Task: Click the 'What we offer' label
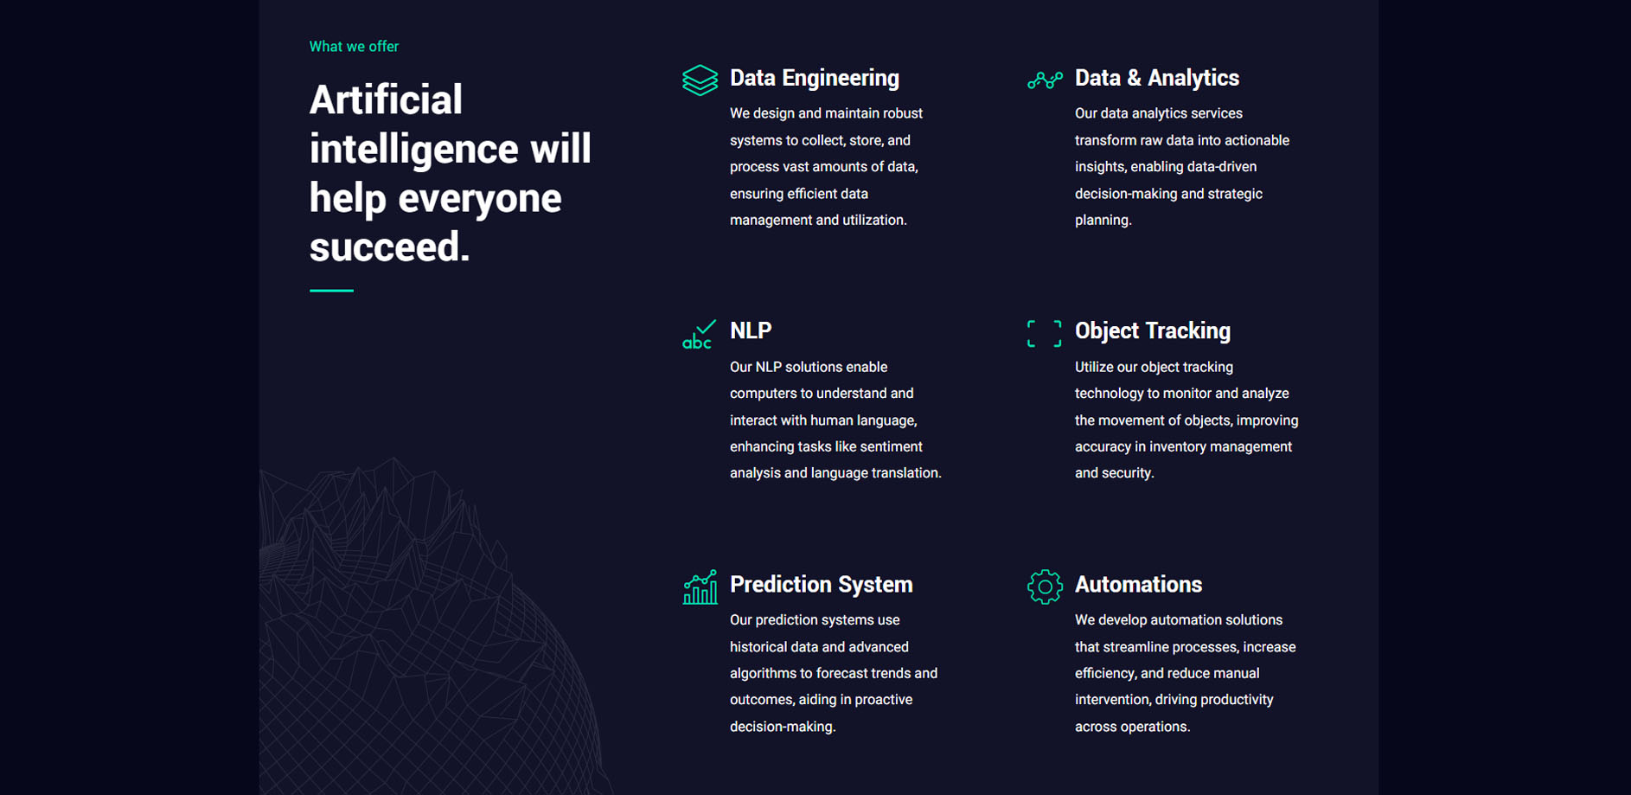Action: coord(354,47)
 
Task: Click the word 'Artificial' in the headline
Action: coord(386,99)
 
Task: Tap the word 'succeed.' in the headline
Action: coord(390,247)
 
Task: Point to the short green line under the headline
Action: coord(331,291)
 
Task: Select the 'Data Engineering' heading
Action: coord(815,78)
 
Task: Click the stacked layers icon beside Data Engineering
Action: coord(700,80)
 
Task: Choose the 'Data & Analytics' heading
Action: coord(1157,78)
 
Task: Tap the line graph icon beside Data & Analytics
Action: coord(1045,80)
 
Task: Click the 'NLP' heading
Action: coord(751,330)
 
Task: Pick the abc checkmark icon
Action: coord(699,335)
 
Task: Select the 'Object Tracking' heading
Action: coord(1153,331)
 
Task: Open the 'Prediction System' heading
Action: coord(822,585)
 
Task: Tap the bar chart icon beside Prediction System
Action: coord(700,587)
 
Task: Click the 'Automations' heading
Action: coord(1138,585)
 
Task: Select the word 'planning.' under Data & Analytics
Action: coord(1103,221)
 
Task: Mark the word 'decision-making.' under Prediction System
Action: coord(783,727)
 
